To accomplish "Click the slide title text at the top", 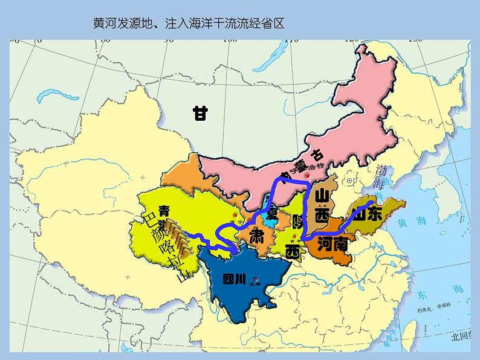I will tap(189, 24).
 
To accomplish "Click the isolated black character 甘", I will tap(200, 113).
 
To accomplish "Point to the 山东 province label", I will tap(368, 214).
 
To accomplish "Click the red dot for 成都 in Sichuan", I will tap(257, 280).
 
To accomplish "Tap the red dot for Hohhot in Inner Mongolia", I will tap(308, 176).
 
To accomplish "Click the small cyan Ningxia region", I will tap(268, 219).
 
